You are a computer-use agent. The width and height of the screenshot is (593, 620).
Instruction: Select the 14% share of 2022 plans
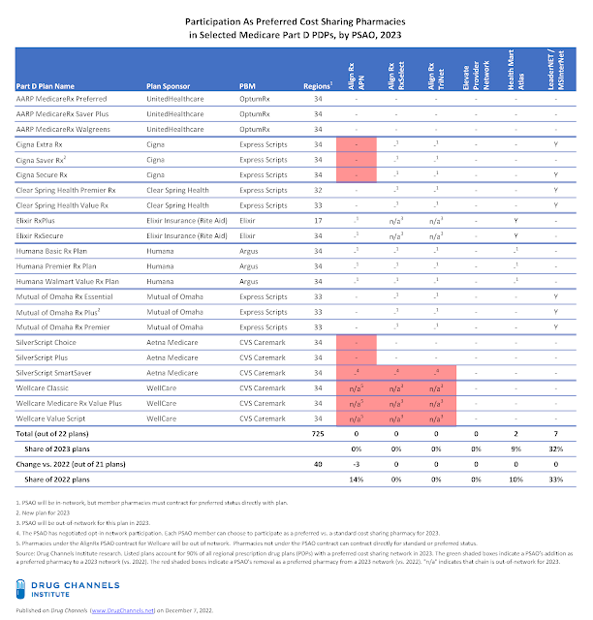coord(356,479)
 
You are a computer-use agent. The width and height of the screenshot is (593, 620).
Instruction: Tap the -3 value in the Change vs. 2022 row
coord(356,464)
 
